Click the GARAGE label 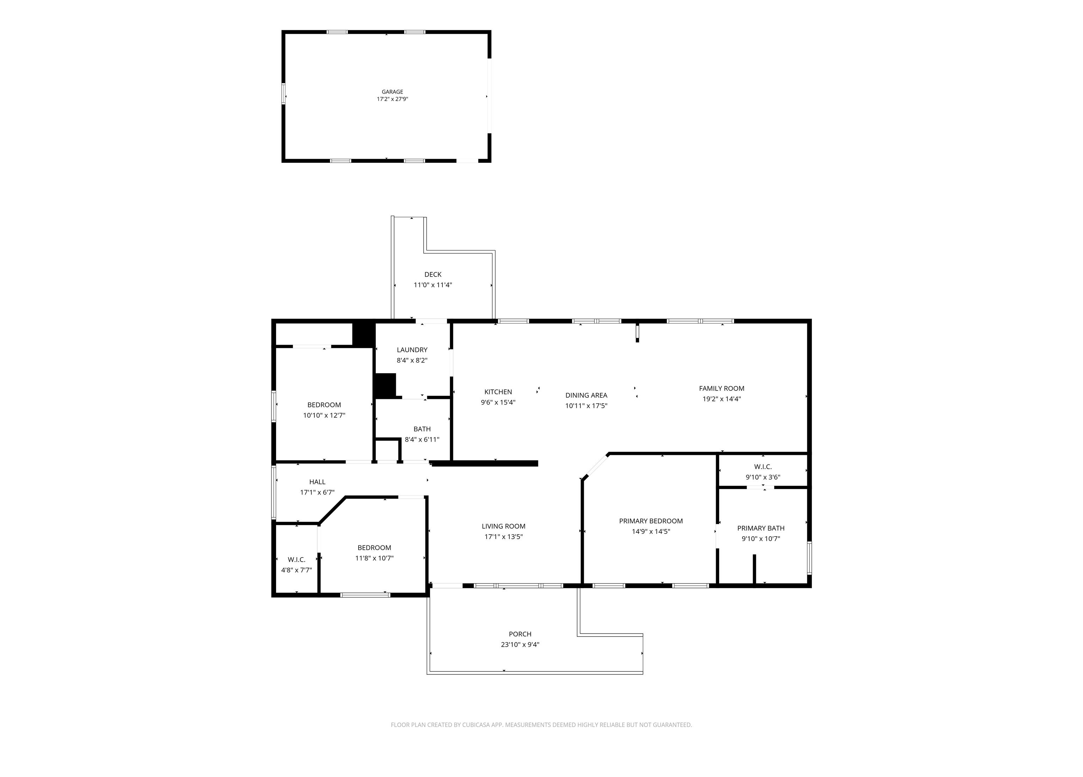392,92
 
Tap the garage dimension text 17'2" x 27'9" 392,99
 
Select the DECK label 433,275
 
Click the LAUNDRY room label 412,350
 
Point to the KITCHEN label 498,392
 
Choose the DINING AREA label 586,395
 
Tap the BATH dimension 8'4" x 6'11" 422,439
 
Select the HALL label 317,482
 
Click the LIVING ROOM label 503,526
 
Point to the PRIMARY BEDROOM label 651,521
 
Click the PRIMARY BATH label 761,528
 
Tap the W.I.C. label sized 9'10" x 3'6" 763,467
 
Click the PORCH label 520,634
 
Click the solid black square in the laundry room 385,386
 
